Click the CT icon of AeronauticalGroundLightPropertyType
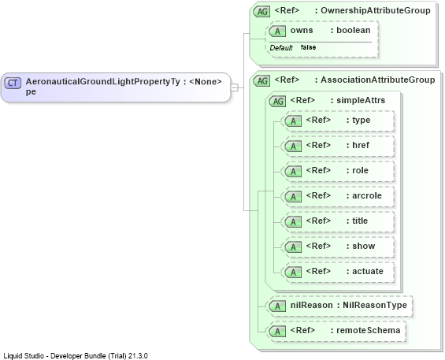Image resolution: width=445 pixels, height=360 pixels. [x=13, y=83]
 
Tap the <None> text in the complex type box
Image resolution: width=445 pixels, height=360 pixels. [x=206, y=82]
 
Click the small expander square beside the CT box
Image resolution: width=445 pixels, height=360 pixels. [x=235, y=87]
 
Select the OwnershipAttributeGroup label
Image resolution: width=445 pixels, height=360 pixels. [x=376, y=10]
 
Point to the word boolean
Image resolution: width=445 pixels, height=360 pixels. [x=354, y=30]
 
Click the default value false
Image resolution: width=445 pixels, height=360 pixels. [x=308, y=47]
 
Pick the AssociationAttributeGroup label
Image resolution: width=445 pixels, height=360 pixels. [x=378, y=80]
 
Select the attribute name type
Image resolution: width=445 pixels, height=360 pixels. [x=362, y=120]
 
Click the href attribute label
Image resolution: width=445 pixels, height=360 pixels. [x=361, y=145]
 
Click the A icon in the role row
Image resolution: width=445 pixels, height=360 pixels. [x=294, y=172]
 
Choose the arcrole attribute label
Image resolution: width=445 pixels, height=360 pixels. [x=367, y=195]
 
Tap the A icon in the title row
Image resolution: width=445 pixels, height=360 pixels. [x=294, y=221]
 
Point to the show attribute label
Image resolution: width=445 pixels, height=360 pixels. [x=364, y=246]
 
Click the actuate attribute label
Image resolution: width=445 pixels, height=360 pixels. [x=368, y=271]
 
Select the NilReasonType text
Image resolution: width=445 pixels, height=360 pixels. [x=375, y=305]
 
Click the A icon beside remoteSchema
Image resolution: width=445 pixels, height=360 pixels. [x=277, y=332]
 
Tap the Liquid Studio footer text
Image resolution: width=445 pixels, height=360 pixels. [x=76, y=356]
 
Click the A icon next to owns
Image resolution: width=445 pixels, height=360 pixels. [x=277, y=32]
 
